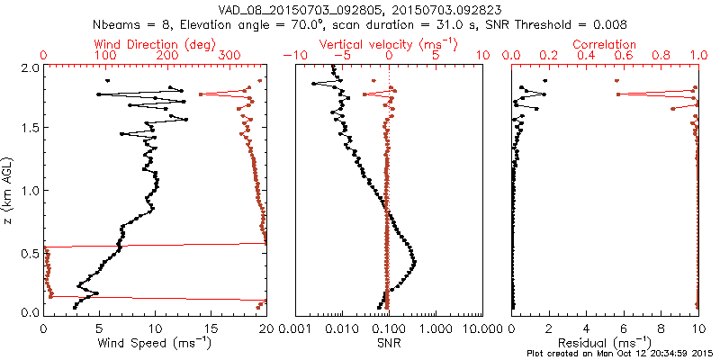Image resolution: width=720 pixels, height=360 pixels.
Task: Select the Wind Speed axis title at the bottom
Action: (x=155, y=343)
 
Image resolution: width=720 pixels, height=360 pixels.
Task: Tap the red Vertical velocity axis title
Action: (x=388, y=44)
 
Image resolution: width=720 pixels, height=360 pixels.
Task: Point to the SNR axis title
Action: (x=389, y=343)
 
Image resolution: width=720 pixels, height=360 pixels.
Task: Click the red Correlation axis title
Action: (x=605, y=44)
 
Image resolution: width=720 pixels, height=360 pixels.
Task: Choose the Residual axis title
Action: (x=605, y=343)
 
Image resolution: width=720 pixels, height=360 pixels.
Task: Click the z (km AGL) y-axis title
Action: (x=9, y=189)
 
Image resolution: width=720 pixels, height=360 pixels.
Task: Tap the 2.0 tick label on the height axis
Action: (x=29, y=67)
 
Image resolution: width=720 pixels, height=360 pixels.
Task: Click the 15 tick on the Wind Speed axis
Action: (x=211, y=328)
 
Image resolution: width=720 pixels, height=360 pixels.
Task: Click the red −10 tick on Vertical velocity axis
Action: (x=294, y=56)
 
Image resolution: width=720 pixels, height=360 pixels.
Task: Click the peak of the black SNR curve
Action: (x=415, y=263)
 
